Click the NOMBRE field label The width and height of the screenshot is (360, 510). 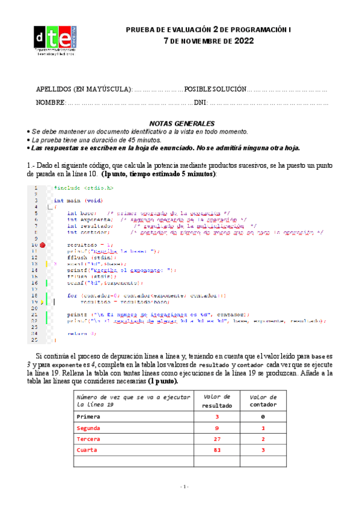pos(49,102)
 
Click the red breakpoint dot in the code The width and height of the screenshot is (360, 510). pos(43,245)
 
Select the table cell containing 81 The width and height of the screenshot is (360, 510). pos(218,449)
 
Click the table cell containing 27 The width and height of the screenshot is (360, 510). pos(218,438)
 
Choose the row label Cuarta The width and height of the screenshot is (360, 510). pos(88,449)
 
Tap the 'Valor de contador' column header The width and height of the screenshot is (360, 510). pos(263,401)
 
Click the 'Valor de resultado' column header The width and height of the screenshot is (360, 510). pos(218,401)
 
